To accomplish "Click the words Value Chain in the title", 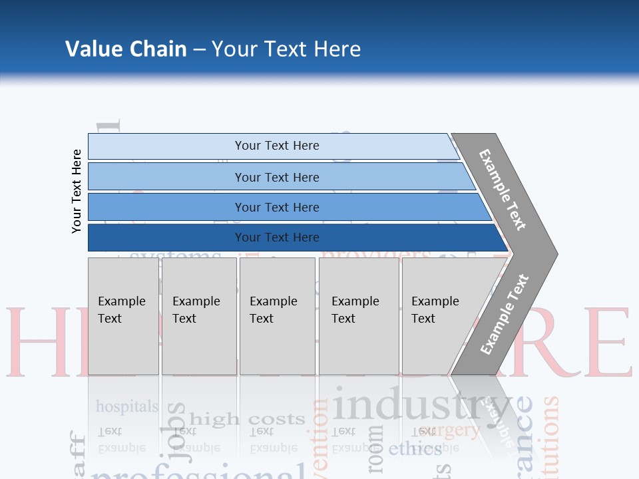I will coord(126,49).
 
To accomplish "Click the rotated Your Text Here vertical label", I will coord(77,192).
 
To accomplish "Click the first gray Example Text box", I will coord(123,316).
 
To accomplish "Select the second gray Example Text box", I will coord(199,316).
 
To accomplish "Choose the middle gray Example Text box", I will coord(277,316).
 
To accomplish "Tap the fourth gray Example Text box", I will coord(359,316).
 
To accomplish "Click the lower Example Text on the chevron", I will coord(505,314).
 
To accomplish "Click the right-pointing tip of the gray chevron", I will coord(552,253).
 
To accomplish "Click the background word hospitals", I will coord(127,406).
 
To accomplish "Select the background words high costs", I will coord(247,419).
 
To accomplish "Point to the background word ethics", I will coord(415,448).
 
